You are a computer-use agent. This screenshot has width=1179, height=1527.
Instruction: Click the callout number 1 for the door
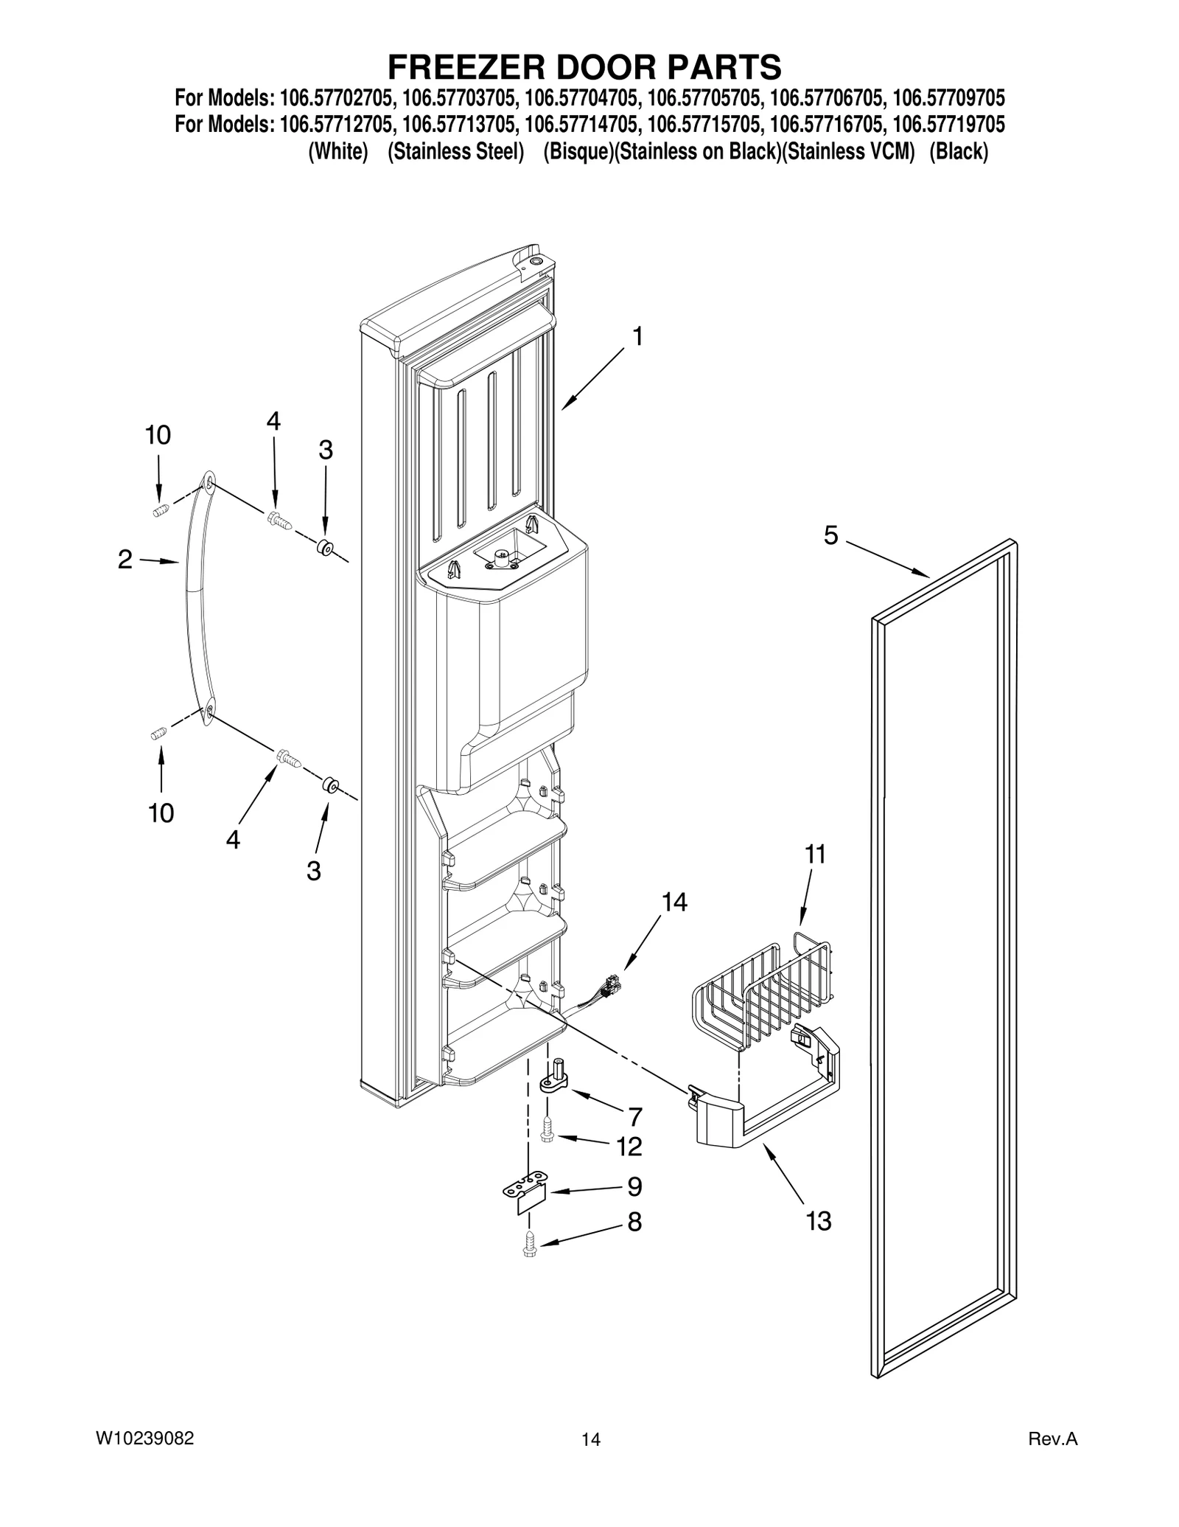(x=637, y=337)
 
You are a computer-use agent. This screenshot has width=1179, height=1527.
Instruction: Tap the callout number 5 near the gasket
(x=830, y=536)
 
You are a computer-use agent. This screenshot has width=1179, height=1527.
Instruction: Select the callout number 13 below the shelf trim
(x=819, y=1221)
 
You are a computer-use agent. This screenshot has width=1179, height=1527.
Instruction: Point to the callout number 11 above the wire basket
(x=814, y=855)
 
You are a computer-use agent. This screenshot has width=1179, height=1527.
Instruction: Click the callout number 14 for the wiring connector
(x=674, y=902)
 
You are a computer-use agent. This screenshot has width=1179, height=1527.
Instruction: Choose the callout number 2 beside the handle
(x=125, y=560)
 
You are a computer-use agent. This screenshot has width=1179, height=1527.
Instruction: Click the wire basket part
(x=766, y=992)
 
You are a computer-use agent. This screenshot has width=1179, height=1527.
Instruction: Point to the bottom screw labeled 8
(x=529, y=1245)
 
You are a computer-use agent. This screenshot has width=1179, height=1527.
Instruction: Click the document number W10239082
(x=145, y=1438)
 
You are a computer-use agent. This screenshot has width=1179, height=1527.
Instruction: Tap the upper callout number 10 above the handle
(x=158, y=435)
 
